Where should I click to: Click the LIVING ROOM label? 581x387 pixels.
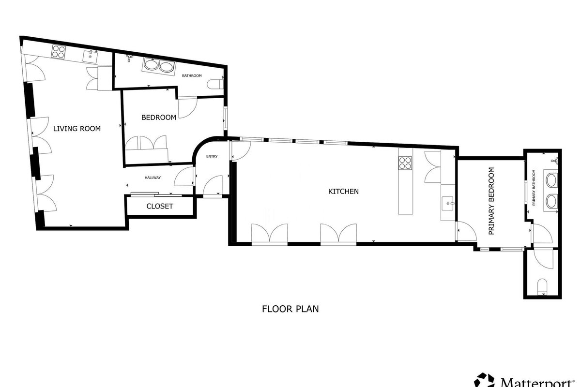pos(77,129)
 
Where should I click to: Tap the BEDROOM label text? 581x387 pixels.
pos(159,118)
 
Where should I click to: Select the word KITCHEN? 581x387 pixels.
pos(343,191)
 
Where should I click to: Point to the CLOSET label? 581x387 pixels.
pos(159,207)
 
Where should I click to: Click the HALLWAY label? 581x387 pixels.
pos(153,178)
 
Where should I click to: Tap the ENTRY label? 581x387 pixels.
pos(212,156)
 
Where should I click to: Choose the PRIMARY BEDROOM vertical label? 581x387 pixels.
pos(491,201)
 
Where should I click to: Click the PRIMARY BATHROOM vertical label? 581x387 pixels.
pos(534,188)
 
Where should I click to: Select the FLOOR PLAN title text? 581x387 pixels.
pos(290,309)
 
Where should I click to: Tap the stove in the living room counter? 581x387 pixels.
pos(58,52)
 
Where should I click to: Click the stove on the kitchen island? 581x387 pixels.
pos(405,163)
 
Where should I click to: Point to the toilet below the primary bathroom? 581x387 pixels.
pos(542,287)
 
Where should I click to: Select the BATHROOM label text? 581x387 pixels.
pos(192,75)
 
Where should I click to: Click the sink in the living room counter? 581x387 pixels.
pos(90,57)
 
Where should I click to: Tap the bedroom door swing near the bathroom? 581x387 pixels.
pos(187,108)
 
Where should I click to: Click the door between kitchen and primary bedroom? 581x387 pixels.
pos(466,231)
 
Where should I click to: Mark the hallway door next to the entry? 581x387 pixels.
pos(184,177)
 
